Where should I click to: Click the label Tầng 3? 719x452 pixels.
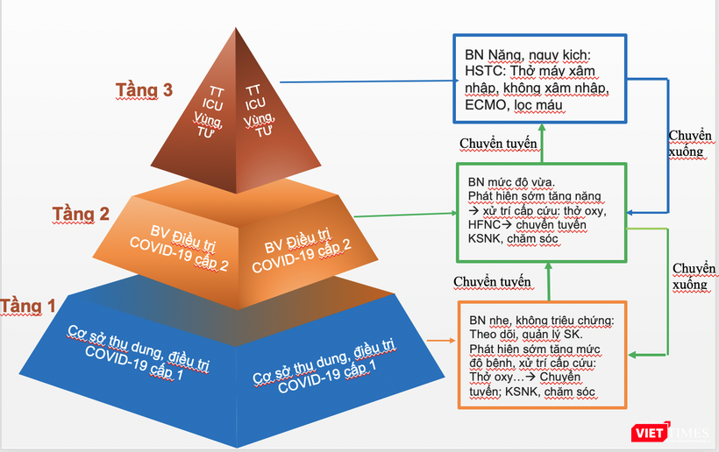coord(145,89)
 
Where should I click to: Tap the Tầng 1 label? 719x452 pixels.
coord(28,306)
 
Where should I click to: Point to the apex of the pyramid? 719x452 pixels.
coord(235,30)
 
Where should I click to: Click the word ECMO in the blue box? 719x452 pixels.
coord(488,104)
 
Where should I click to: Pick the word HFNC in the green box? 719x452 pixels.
coord(485,225)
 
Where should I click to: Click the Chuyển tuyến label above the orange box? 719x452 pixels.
coord(492,281)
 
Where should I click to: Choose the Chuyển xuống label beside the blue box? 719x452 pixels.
coord(690,143)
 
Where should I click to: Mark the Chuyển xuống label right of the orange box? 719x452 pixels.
coord(690,277)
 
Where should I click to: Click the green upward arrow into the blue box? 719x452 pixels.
coord(543,141)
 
